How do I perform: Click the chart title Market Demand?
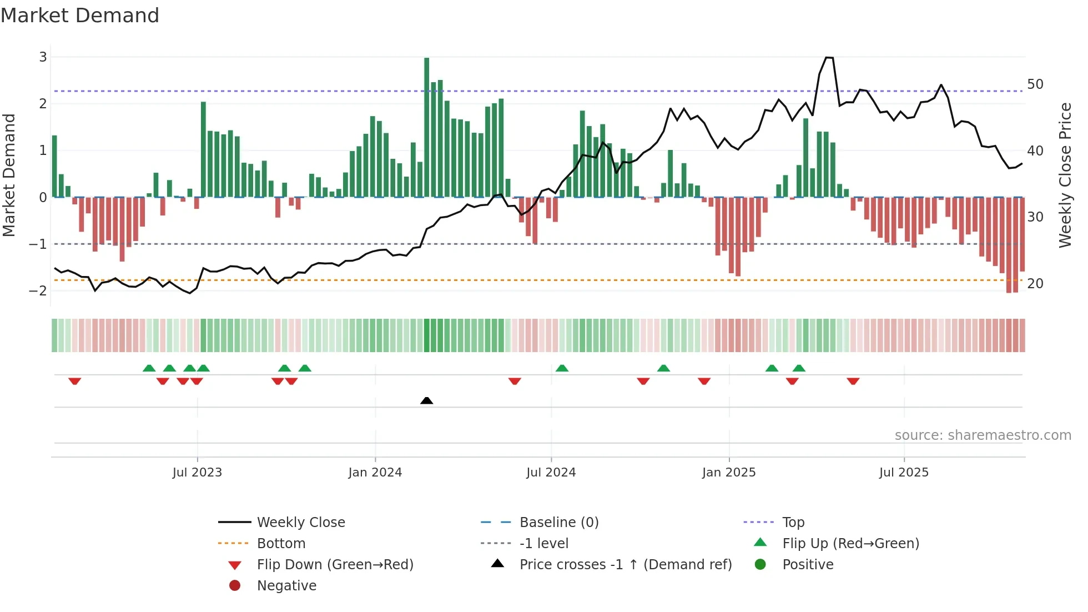pyautogui.click(x=80, y=16)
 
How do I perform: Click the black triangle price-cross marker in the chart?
pyautogui.click(x=426, y=400)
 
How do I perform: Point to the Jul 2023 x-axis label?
pyautogui.click(x=197, y=473)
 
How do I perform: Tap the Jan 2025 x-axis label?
pyautogui.click(x=728, y=473)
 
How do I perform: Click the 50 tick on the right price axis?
pyautogui.click(x=1035, y=84)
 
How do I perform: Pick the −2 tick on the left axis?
pyautogui.click(x=38, y=290)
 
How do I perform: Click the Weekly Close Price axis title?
pyautogui.click(x=1065, y=175)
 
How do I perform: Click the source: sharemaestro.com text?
pyautogui.click(x=983, y=435)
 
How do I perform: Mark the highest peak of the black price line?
pyautogui.click(x=829, y=57)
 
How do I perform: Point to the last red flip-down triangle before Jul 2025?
pyautogui.click(x=853, y=381)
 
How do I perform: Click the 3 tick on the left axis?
pyautogui.click(x=43, y=57)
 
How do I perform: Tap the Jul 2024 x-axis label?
pyautogui.click(x=551, y=473)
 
